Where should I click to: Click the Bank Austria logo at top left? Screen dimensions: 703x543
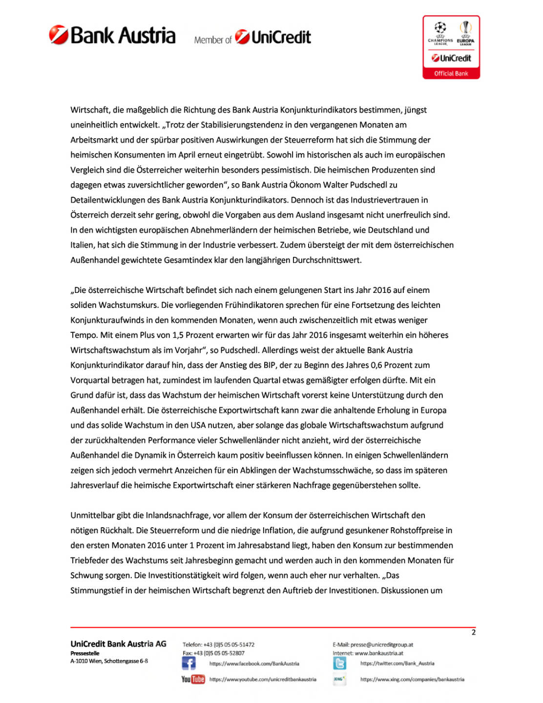(112, 36)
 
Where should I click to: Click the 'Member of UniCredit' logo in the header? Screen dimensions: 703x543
(252, 38)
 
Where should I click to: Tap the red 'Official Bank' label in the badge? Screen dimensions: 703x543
(451, 74)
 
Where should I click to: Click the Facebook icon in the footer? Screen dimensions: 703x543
(188, 663)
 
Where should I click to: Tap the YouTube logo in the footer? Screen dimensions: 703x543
(193, 679)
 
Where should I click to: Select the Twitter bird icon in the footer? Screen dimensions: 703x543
(339, 663)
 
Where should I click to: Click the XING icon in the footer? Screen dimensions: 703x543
(339, 679)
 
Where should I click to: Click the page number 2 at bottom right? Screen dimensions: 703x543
(473, 632)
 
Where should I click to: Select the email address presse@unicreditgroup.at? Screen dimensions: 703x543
(381, 644)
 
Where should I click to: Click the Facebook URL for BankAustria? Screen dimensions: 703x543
(254, 663)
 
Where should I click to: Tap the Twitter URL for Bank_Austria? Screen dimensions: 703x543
(397, 663)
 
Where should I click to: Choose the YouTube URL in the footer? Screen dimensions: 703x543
(263, 679)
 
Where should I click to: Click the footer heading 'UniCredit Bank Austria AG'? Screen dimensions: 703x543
(118, 644)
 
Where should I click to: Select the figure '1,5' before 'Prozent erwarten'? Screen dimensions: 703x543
(178, 335)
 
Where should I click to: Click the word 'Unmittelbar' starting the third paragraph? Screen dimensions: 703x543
(92, 515)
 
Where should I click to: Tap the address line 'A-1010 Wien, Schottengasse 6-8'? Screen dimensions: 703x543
(109, 661)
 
